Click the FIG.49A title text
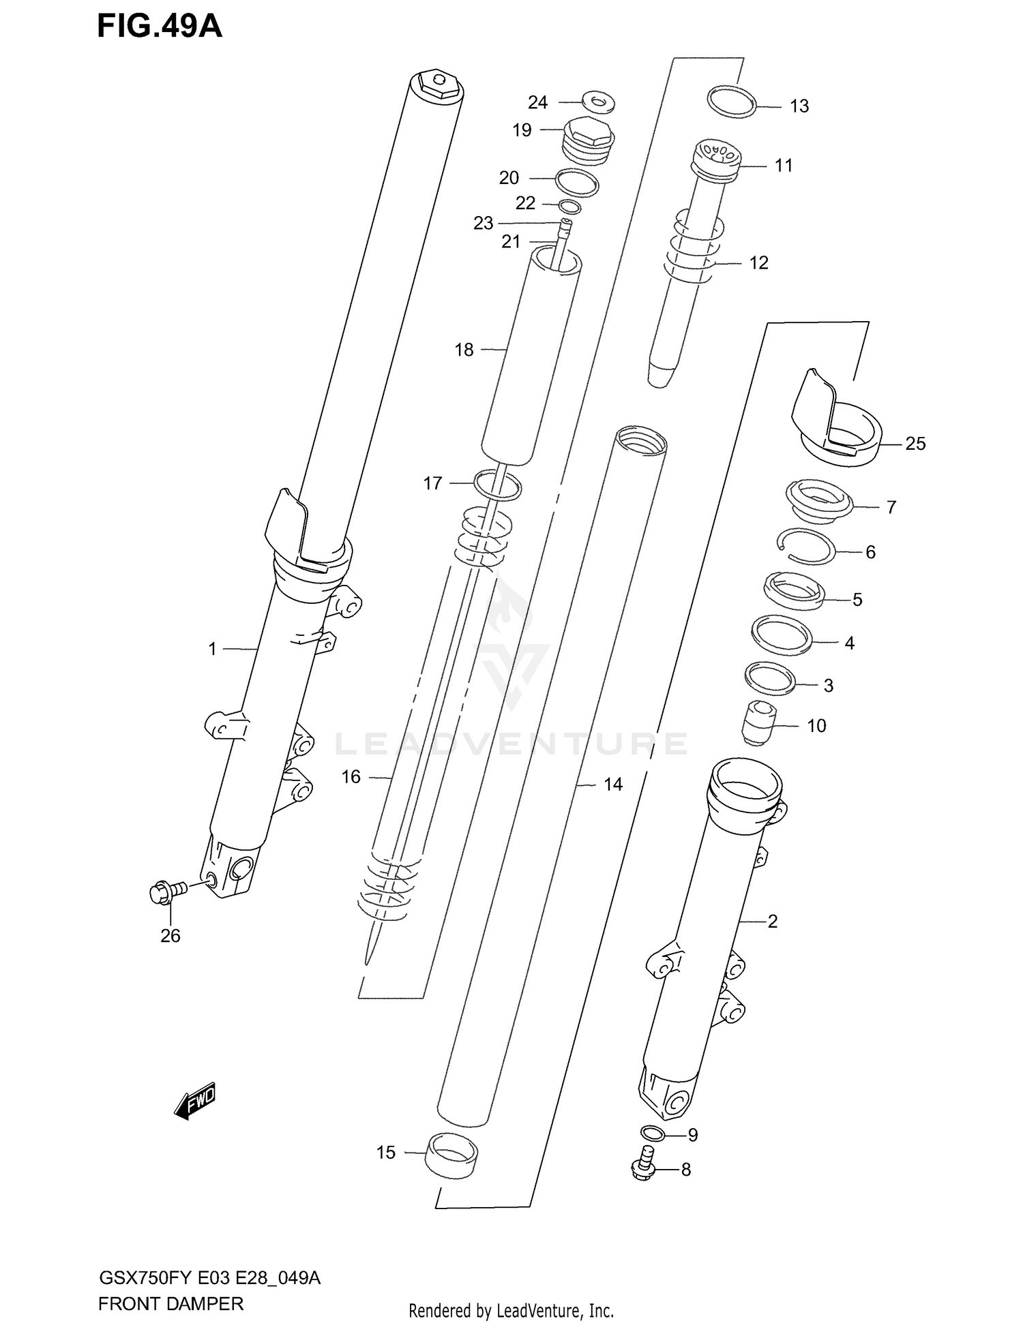pyautogui.click(x=160, y=26)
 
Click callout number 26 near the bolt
pyautogui.click(x=170, y=936)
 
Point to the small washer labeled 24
pyautogui.click(x=598, y=102)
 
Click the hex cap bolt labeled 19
pyautogui.click(x=586, y=140)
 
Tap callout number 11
pyautogui.click(x=783, y=166)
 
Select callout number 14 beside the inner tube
pyautogui.click(x=612, y=785)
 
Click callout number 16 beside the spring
pyautogui.click(x=351, y=777)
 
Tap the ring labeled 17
pyautogui.click(x=497, y=485)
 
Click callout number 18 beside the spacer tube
pyautogui.click(x=464, y=350)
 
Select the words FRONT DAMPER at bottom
pyautogui.click(x=170, y=1303)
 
